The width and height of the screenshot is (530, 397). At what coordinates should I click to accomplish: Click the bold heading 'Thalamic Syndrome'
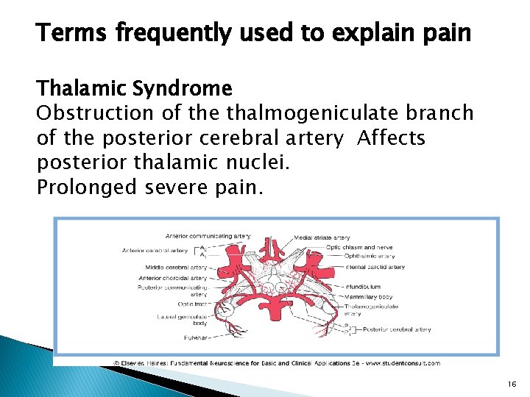coord(134,89)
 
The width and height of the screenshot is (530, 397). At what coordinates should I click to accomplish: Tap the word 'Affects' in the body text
coord(391,138)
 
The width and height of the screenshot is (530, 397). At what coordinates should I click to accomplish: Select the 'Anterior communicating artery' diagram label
coord(208,236)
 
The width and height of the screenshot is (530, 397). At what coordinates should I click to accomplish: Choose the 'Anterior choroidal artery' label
coord(173,278)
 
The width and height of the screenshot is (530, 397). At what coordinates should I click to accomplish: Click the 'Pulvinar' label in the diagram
coord(195,338)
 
